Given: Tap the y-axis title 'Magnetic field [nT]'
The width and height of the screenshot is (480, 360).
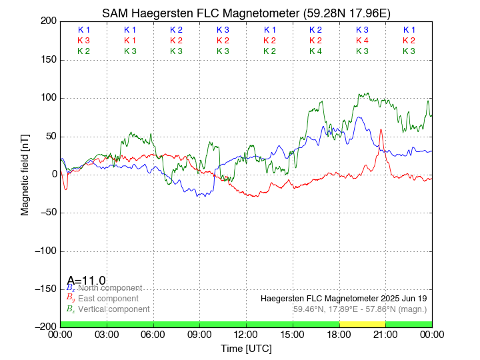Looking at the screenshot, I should point(25,173).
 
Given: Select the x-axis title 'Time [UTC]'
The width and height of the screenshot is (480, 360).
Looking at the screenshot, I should point(246,349).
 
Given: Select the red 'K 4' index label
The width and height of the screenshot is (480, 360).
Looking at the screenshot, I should point(362,41).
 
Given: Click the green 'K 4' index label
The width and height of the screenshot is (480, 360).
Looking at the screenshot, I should point(315,51).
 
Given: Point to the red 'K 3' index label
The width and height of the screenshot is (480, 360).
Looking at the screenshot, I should point(83,41).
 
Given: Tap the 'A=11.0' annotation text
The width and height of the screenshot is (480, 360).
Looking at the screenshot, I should point(86,281).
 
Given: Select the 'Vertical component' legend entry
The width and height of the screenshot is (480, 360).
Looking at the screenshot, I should point(113,309).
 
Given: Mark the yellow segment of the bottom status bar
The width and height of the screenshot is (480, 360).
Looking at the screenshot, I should point(362,324).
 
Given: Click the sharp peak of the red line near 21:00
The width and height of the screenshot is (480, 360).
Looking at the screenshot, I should point(381,129).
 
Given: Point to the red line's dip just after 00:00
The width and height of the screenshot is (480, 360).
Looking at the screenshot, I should point(65,189).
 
